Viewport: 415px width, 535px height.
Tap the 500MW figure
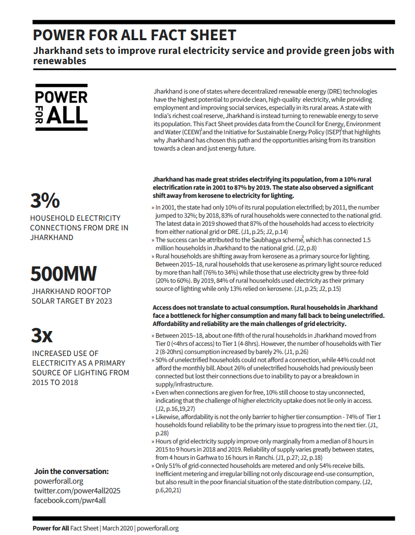point(63,274)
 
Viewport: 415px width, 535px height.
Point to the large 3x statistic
point(42,335)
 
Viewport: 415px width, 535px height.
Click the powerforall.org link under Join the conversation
point(58,481)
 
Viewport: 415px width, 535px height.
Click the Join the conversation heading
point(71,471)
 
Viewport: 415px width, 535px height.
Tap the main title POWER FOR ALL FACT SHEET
point(134,35)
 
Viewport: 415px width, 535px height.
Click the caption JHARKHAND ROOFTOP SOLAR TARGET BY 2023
point(71,296)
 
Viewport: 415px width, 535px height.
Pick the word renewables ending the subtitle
point(58,61)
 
